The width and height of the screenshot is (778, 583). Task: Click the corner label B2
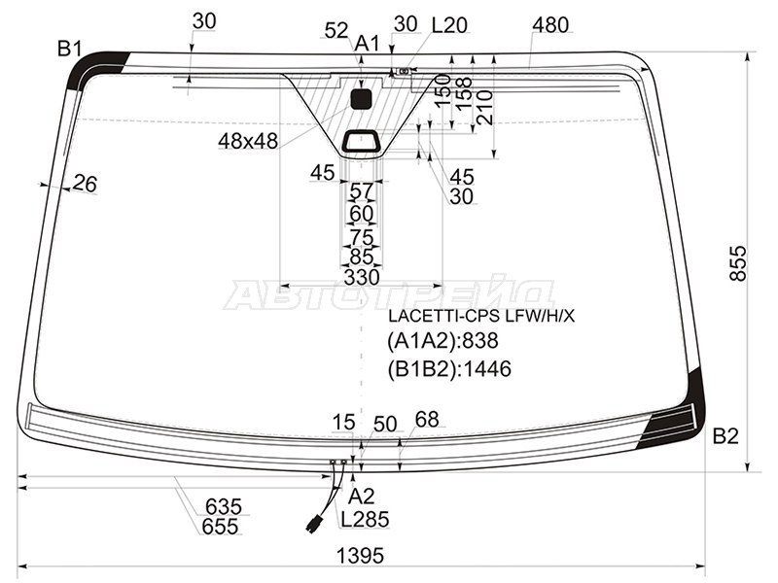pyautogui.click(x=725, y=436)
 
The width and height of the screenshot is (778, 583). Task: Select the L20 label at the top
pyautogui.click(x=448, y=25)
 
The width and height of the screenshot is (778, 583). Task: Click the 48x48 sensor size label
pyautogui.click(x=248, y=142)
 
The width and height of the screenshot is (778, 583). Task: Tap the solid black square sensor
pyautogui.click(x=361, y=98)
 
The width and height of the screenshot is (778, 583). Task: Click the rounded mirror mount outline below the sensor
pyautogui.click(x=363, y=142)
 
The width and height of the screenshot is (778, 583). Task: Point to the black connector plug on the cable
pyautogui.click(x=314, y=523)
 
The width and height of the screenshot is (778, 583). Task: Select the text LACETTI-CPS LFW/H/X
pyautogui.click(x=481, y=316)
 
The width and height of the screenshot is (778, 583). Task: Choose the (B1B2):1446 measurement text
pyautogui.click(x=449, y=368)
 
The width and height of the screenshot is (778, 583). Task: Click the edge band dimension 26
pyautogui.click(x=86, y=183)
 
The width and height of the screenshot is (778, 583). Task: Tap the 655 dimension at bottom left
pyautogui.click(x=223, y=527)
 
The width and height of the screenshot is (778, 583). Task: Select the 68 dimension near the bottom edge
pyautogui.click(x=427, y=420)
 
